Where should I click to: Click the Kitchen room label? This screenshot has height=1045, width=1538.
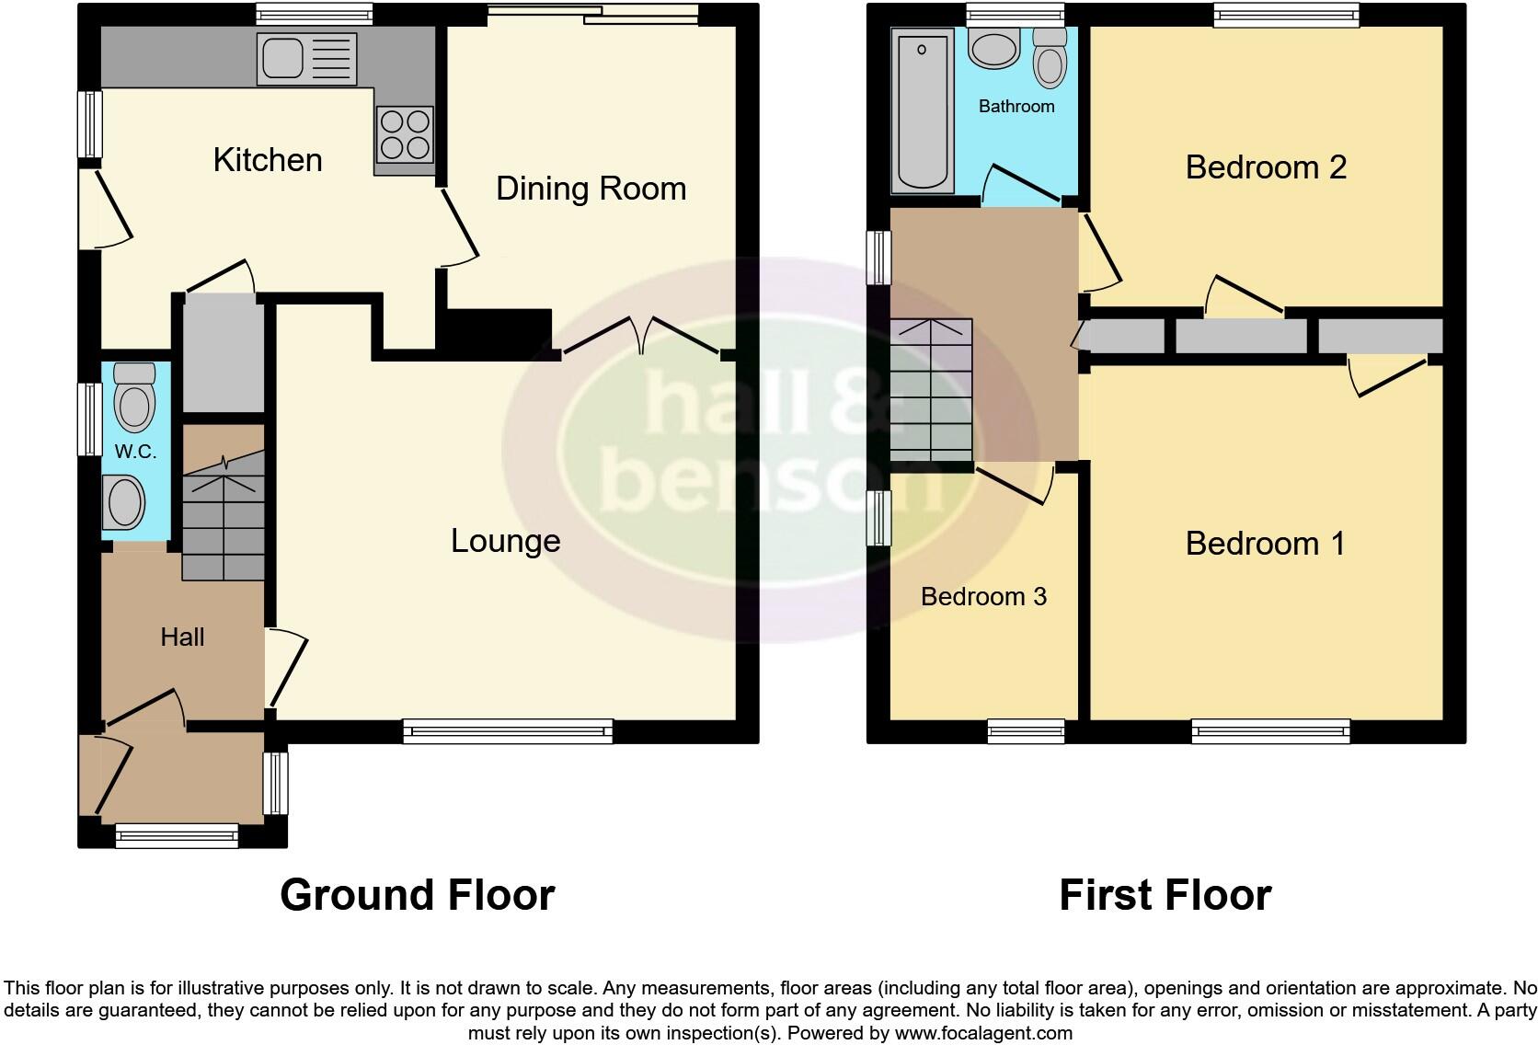click(268, 160)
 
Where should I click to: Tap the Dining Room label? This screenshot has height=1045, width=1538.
click(591, 189)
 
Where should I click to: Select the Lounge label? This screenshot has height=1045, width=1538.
click(505, 541)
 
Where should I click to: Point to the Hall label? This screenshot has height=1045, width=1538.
click(182, 637)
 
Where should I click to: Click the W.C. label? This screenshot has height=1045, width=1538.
click(135, 452)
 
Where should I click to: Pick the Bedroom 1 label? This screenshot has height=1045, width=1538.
click(1265, 544)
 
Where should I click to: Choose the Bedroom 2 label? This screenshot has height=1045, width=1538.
click(1266, 167)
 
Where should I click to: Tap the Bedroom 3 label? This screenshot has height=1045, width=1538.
click(983, 597)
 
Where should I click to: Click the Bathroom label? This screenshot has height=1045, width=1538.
click(1016, 107)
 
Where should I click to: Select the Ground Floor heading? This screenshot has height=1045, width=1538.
click(417, 895)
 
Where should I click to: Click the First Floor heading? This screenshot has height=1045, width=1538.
click(1165, 895)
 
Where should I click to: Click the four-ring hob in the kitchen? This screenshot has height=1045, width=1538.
click(405, 135)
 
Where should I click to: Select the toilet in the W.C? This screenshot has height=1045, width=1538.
click(136, 397)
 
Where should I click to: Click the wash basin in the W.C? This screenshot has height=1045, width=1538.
click(126, 502)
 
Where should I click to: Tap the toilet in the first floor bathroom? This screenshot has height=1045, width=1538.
click(1050, 56)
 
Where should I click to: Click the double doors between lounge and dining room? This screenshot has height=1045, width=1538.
click(642, 336)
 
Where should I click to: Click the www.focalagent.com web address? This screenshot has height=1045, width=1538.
click(983, 1033)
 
